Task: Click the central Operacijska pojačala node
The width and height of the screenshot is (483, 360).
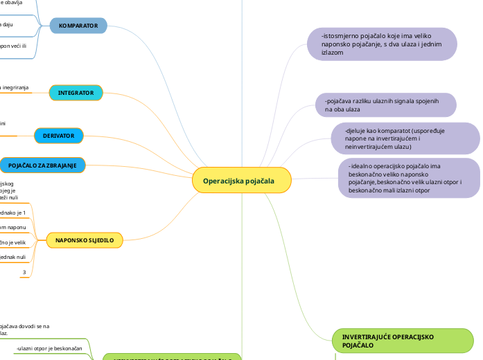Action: coord(242,181)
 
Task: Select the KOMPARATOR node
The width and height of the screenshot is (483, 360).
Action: coord(78,26)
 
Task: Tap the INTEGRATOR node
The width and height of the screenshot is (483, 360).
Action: coord(76,93)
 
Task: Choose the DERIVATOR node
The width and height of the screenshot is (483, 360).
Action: coord(59,136)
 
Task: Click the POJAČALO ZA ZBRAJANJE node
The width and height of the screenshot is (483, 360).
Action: coord(42,165)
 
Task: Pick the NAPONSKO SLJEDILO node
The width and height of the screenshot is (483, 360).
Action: coord(85,240)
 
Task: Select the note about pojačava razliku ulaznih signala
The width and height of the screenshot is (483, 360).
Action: coord(385,105)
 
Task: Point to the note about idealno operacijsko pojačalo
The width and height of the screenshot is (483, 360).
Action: coord(408,178)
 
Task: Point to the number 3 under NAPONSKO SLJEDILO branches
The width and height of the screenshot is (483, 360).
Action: coord(24,273)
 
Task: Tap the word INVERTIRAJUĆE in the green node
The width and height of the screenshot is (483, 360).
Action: coord(369,336)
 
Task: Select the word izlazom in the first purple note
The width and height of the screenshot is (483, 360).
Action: coord(333,52)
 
